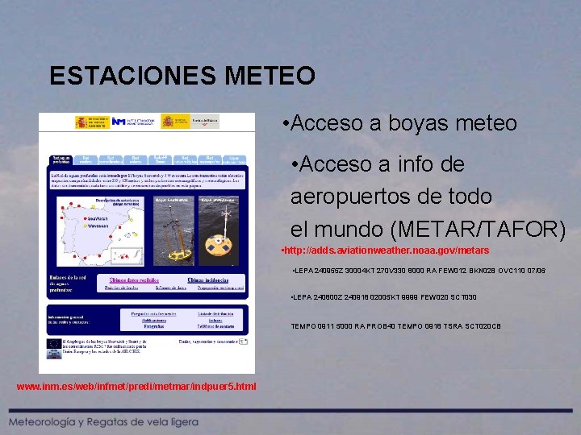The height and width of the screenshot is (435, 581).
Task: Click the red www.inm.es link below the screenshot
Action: pos(136,387)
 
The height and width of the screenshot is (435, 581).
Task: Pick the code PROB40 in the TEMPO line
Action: pos(399,325)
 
